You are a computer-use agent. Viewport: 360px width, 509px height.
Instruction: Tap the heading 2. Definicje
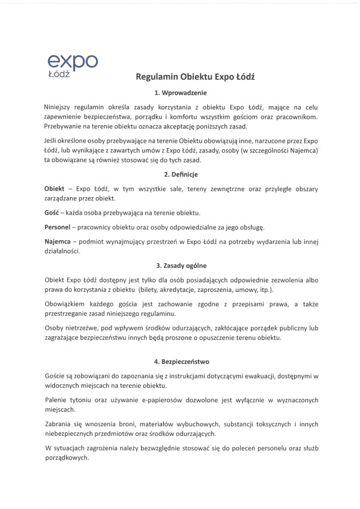click(x=180, y=174)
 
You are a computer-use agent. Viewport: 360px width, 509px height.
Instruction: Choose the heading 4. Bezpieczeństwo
click(x=180, y=362)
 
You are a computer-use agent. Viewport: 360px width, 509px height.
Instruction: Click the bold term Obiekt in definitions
click(x=55, y=188)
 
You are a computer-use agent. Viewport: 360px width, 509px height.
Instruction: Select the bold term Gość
click(x=53, y=213)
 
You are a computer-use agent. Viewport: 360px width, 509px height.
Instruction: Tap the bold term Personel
click(x=59, y=227)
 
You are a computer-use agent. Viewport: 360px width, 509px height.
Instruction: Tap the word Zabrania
click(x=59, y=423)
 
